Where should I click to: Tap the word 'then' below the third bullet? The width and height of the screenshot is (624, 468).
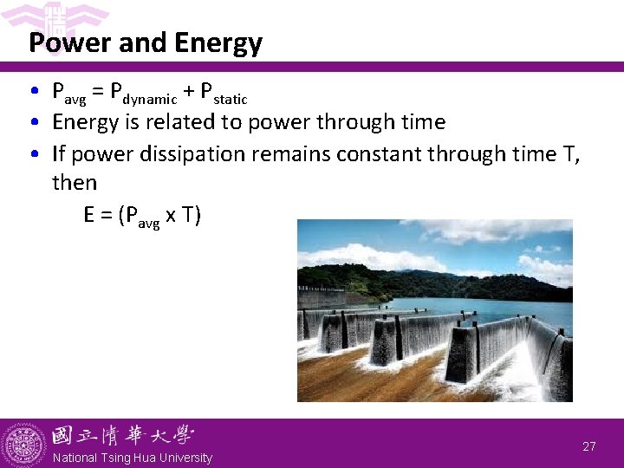pos(75,183)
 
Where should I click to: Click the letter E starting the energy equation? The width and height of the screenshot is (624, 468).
pos(89,214)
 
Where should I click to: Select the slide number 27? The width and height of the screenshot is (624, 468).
pos(589,446)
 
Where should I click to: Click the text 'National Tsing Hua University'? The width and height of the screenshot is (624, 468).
pos(132,458)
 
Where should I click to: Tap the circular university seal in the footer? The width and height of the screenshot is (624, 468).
pos(24,445)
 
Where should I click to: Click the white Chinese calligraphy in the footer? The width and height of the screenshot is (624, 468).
pos(122,435)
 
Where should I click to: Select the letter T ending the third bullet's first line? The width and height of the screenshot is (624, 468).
pos(573,154)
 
